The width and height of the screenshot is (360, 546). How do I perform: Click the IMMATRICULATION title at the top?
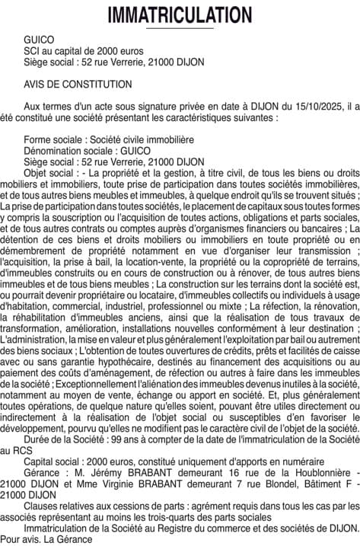click(x=180, y=14)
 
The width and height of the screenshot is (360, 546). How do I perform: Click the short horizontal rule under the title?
click(x=180, y=29)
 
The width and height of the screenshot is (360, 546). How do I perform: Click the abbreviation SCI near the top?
click(x=32, y=50)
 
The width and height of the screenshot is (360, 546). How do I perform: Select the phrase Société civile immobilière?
click(x=142, y=140)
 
